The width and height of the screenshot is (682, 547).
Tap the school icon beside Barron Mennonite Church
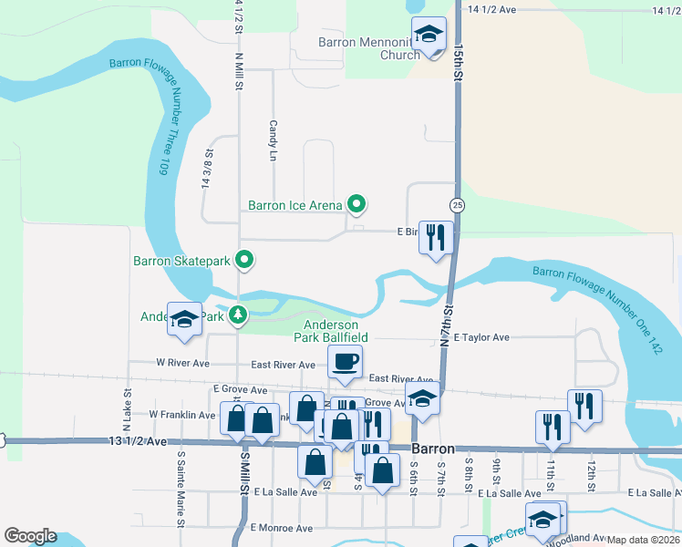429,36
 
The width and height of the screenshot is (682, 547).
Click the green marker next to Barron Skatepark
244,261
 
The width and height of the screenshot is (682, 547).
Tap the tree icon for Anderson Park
238,316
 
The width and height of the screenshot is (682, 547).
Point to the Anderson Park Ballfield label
331,330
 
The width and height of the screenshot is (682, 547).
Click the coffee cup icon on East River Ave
346,363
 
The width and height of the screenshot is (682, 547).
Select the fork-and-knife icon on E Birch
436,238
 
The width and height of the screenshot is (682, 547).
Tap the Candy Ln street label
272,140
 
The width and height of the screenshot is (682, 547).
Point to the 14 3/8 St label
206,170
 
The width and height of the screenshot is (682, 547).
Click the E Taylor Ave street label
480,337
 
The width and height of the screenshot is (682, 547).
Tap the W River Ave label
183,363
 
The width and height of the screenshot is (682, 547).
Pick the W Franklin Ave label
182,415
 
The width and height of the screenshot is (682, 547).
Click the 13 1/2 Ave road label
139,442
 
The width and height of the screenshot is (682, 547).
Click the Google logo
31,536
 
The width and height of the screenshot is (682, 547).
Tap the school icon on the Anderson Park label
184,320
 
